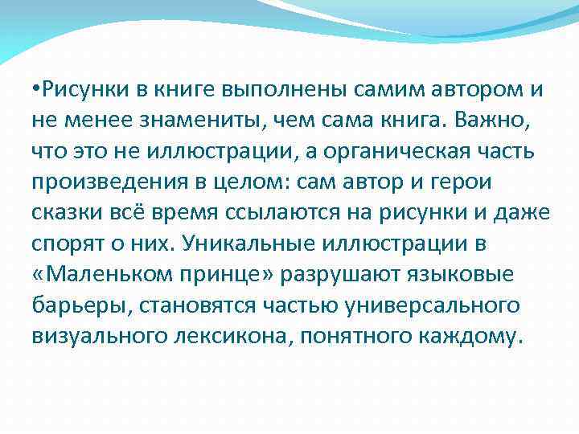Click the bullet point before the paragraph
pyautogui.click(x=37, y=89)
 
